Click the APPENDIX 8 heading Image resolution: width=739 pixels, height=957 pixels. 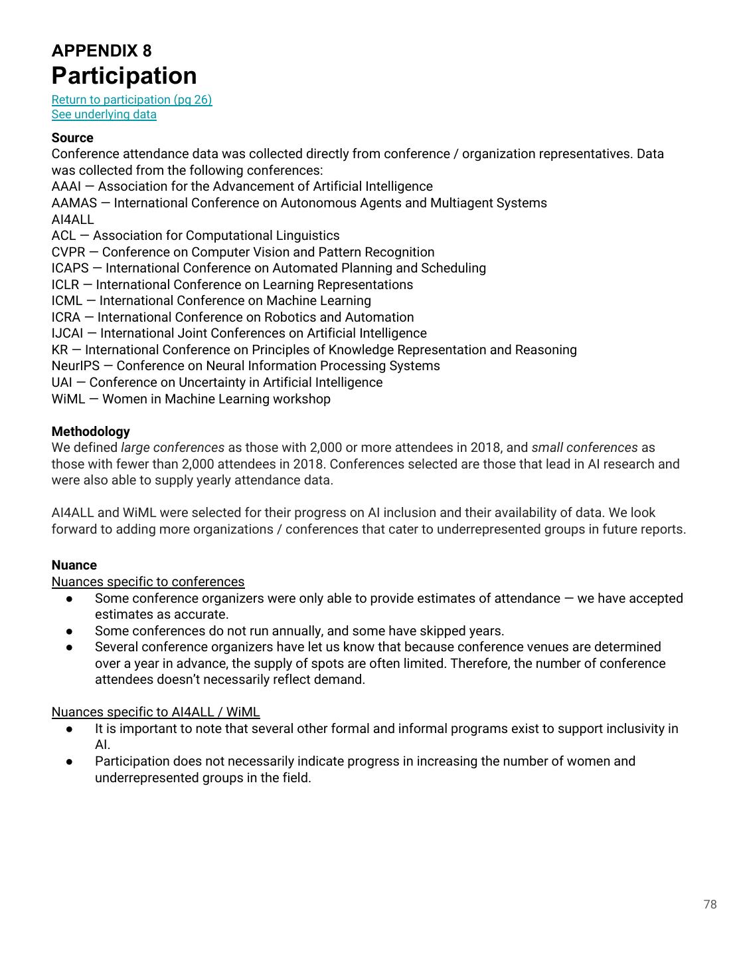(x=102, y=51)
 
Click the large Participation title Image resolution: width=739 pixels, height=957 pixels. (x=124, y=76)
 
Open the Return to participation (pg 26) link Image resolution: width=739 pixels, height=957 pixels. (x=131, y=100)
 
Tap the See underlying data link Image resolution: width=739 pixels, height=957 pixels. (x=104, y=114)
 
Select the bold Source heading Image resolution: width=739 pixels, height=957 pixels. (x=72, y=138)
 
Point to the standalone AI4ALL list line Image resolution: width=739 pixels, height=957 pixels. (x=72, y=219)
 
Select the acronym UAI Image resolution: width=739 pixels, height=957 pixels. (x=62, y=382)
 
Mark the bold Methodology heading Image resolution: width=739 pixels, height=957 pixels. (x=90, y=431)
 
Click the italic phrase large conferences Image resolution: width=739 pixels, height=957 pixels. (x=173, y=447)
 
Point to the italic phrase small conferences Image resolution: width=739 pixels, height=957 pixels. (x=584, y=447)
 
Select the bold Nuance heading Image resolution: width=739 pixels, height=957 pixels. (x=74, y=565)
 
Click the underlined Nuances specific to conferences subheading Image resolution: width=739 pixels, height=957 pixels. (x=147, y=582)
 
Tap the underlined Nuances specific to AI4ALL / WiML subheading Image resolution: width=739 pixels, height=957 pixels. (x=155, y=712)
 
